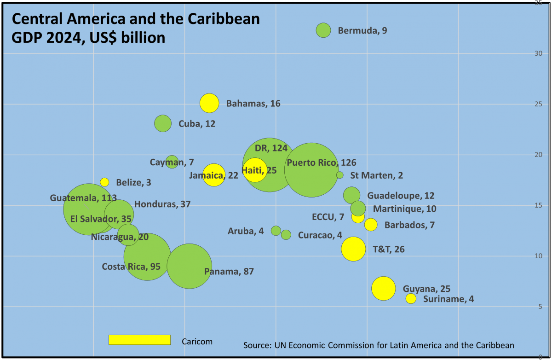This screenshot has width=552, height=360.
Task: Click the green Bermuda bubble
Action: tap(323, 30)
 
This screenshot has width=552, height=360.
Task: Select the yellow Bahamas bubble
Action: tap(209, 103)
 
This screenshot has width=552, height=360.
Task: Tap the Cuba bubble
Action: tap(163, 123)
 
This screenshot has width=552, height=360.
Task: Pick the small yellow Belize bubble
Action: tap(104, 182)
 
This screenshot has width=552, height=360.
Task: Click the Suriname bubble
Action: tap(411, 298)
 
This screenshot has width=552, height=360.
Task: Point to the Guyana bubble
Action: tap(383, 289)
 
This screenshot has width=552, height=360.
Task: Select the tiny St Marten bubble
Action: tap(339, 175)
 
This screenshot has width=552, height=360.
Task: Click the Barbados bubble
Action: tap(371, 225)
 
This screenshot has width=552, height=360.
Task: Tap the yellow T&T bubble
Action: tap(353, 249)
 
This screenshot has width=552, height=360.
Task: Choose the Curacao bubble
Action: tap(286, 235)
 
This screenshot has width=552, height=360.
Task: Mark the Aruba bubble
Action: tap(276, 231)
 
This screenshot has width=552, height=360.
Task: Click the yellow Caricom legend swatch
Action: tap(139, 340)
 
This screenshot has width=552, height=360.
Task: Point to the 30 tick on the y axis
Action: tap(537, 53)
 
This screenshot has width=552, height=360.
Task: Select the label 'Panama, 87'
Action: tap(229, 272)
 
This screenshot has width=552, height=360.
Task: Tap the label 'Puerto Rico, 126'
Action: tap(321, 163)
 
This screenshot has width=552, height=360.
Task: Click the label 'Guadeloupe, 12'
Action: tap(400, 196)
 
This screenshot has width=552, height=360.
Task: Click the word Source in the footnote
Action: tap(257, 345)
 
